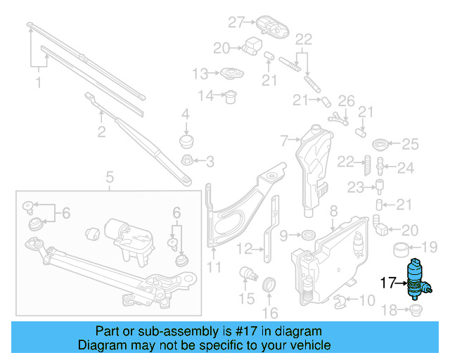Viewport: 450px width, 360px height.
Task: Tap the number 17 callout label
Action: [388, 283]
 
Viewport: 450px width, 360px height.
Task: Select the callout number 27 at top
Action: [236, 22]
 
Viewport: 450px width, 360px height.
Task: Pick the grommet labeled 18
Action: [415, 309]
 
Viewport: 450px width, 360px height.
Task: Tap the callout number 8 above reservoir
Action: [333, 210]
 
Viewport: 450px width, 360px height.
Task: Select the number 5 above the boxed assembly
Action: [110, 176]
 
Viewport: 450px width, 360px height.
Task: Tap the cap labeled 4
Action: [186, 139]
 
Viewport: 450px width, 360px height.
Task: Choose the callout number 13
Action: [200, 73]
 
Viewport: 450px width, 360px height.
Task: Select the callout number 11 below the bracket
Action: [214, 266]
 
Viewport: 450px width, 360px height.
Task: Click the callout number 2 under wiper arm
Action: [102, 131]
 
